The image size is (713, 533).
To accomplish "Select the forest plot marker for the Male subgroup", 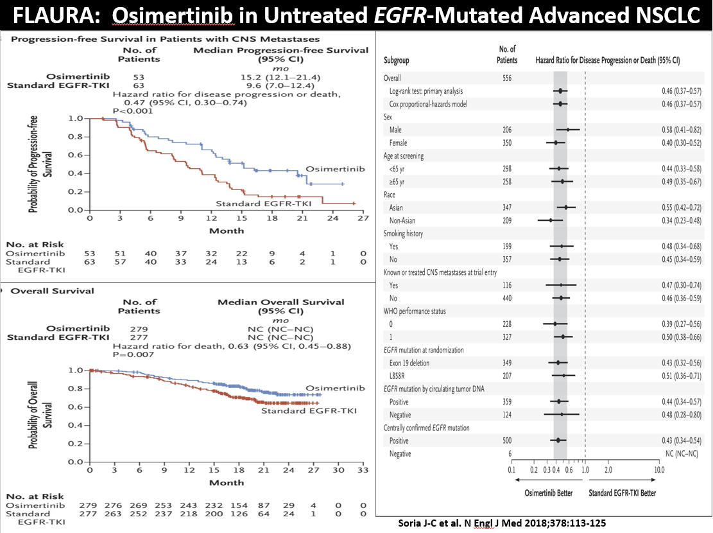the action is click(568, 130).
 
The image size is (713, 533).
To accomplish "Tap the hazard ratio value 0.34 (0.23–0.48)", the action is click(681, 220).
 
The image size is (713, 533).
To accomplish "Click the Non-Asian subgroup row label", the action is click(402, 220).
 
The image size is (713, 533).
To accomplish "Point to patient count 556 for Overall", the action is click(507, 78).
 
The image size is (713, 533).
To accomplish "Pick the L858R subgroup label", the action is click(397, 376).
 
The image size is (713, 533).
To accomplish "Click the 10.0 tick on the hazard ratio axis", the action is click(659, 469).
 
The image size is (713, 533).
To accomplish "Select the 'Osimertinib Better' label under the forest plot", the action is click(549, 493).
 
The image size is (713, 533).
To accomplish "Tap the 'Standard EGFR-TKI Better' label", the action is click(622, 493).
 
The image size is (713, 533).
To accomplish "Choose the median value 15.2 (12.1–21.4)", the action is click(280, 77).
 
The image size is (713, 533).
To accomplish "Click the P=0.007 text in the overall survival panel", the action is click(133, 354).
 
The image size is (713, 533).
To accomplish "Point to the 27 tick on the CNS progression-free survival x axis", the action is click(363, 218).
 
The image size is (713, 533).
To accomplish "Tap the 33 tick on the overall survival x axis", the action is click(363, 469).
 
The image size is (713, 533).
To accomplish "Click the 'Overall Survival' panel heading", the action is click(52, 291).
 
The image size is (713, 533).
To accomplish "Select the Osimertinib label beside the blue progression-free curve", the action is click(335, 169).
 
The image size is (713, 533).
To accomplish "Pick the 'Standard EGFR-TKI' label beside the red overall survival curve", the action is click(309, 410).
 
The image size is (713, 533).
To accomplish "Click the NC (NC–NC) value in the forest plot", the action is click(681, 454).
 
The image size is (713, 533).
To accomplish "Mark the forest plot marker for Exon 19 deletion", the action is click(558, 363).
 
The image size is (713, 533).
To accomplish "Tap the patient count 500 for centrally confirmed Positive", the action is click(507, 441).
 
